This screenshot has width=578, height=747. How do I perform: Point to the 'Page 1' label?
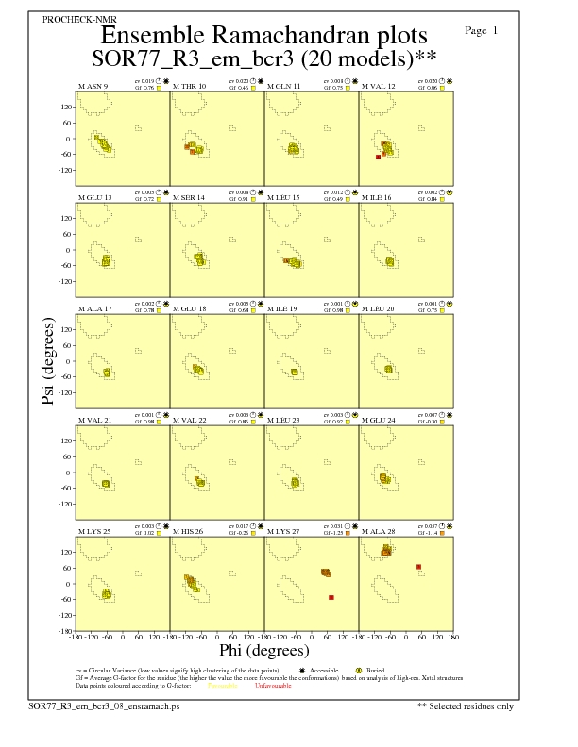pos(482,31)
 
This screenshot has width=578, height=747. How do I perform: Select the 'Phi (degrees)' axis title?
pos(263,650)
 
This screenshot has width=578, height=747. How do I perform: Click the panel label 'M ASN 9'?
pos(93,87)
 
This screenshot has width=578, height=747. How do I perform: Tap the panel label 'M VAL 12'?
pos(380,87)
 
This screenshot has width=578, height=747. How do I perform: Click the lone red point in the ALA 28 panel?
pos(418,567)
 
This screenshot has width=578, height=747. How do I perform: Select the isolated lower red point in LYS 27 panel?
pos(331,598)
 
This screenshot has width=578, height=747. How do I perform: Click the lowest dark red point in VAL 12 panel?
pos(379,157)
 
